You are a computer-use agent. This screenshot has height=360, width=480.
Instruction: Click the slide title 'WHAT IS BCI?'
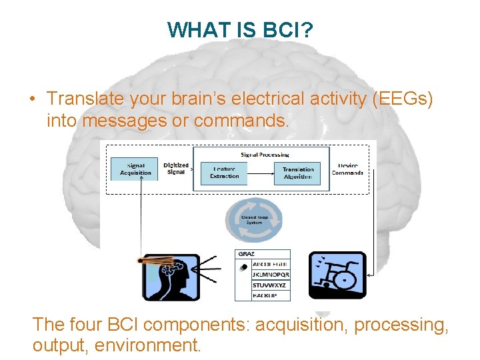(241, 30)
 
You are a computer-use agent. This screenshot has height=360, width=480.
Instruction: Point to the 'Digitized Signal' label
(175, 169)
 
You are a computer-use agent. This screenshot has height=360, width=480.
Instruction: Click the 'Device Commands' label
(347, 169)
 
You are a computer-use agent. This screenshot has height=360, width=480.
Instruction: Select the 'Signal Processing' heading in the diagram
(265, 155)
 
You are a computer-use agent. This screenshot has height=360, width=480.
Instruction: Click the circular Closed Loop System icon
(254, 219)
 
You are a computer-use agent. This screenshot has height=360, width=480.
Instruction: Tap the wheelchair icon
(337, 275)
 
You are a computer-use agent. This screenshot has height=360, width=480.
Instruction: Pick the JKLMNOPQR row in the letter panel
(271, 275)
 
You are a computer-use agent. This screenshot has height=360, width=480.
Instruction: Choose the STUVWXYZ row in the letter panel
(269, 285)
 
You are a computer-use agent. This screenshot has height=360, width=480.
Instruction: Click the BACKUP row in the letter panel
(266, 295)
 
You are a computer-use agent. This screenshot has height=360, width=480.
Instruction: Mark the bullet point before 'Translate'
(32, 99)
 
